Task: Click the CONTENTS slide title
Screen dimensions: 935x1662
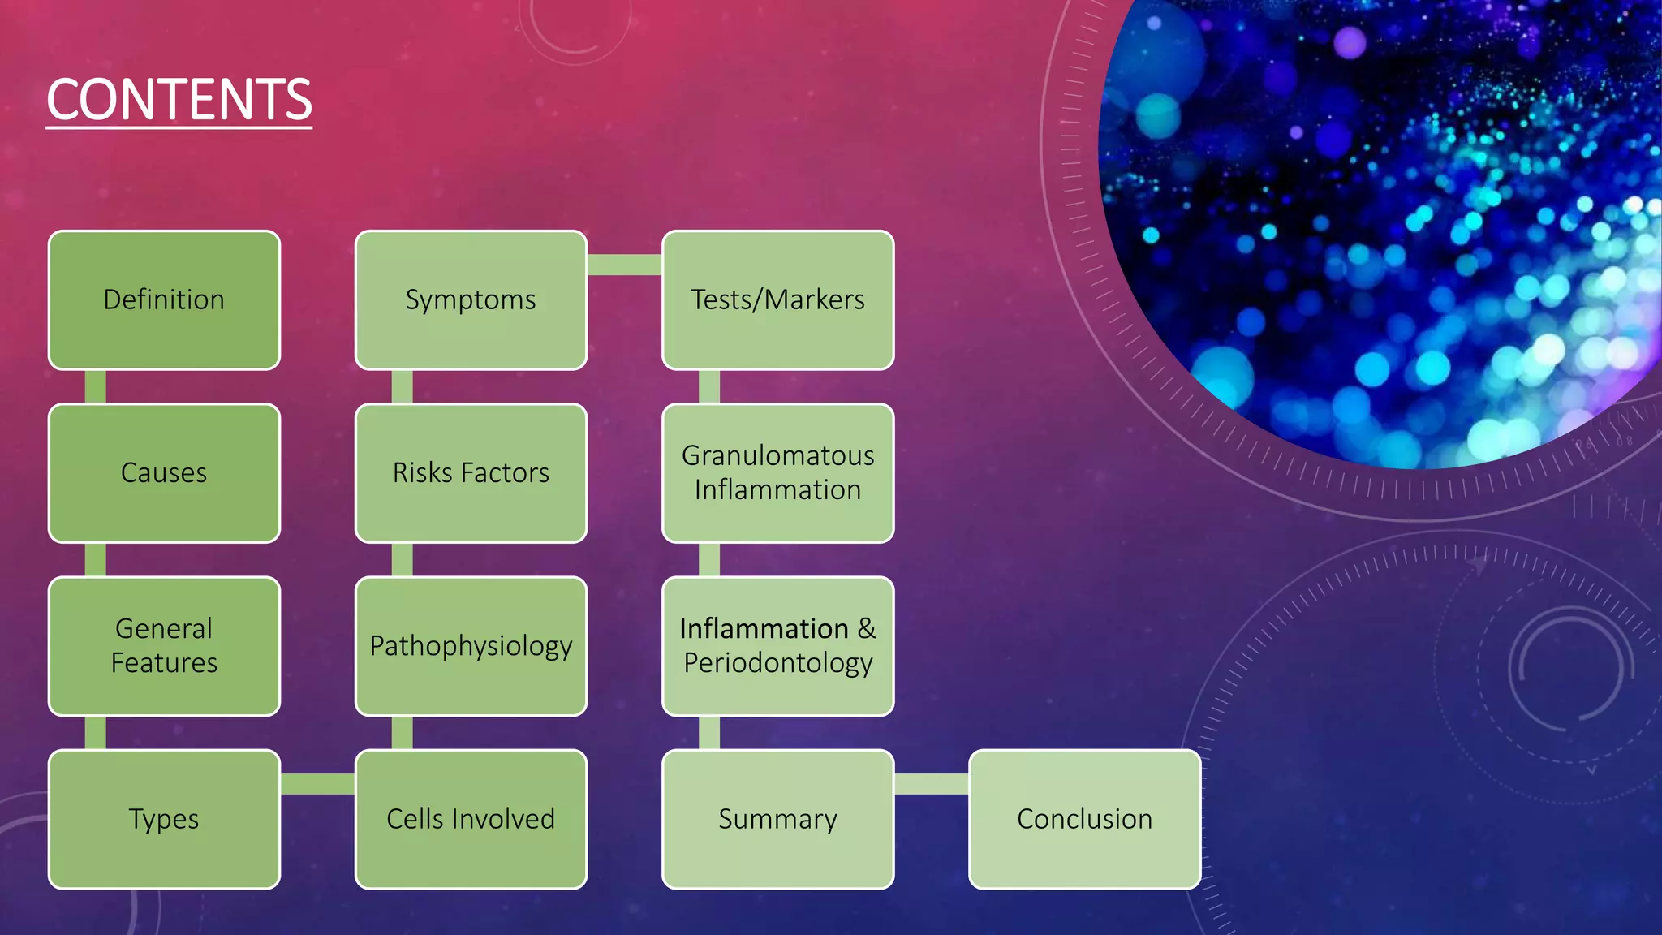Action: pyautogui.click(x=179, y=100)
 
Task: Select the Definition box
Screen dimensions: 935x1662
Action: pyautogui.click(x=164, y=300)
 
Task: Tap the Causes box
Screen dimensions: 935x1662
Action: pyautogui.click(x=164, y=473)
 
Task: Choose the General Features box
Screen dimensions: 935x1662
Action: pyautogui.click(x=164, y=646)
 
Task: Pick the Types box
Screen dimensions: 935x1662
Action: pyautogui.click(x=164, y=819)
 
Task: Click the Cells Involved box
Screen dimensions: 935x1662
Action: pyautogui.click(x=471, y=819)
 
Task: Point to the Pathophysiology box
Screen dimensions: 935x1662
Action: pyautogui.click(x=471, y=646)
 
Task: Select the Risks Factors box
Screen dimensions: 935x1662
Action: pyautogui.click(x=471, y=473)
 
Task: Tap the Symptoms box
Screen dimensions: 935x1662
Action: pyautogui.click(x=471, y=300)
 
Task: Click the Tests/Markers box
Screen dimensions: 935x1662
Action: pyautogui.click(x=777, y=300)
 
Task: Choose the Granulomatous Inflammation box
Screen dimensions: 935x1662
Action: pyautogui.click(x=777, y=473)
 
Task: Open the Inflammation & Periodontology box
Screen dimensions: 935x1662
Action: pyautogui.click(x=777, y=646)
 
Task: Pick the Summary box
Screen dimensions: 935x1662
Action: pyautogui.click(x=777, y=819)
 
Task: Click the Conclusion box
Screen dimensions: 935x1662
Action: pyautogui.click(x=1084, y=819)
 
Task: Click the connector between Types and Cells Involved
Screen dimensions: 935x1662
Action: pyautogui.click(x=317, y=783)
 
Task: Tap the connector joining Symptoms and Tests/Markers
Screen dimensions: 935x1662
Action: pyautogui.click(x=624, y=265)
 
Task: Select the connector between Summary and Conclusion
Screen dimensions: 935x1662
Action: pyautogui.click(x=931, y=783)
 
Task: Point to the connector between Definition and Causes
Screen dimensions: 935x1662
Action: pyautogui.click(x=95, y=387)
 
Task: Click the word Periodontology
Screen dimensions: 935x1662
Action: pyautogui.click(x=777, y=663)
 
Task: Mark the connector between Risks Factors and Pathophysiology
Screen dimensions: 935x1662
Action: pyautogui.click(x=402, y=560)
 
